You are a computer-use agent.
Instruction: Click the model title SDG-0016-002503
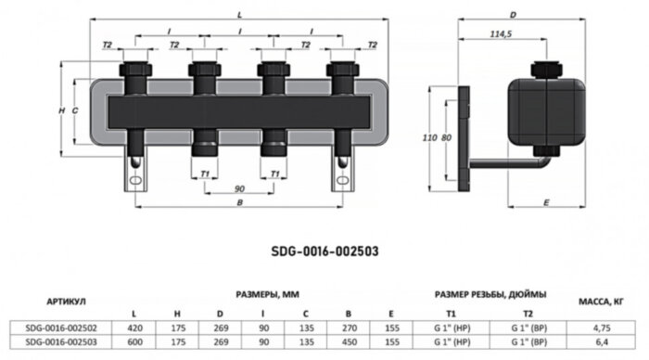(x=324, y=251)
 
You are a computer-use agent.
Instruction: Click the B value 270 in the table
(x=348, y=327)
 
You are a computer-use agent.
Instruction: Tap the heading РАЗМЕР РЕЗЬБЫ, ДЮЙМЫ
(x=490, y=293)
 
